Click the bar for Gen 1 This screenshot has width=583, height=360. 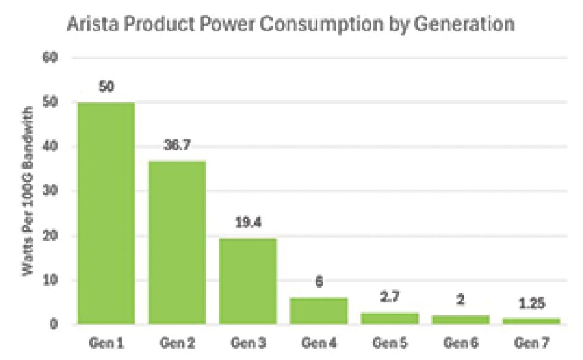106,213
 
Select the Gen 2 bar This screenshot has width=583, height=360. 177,242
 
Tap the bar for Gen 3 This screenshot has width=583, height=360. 248,281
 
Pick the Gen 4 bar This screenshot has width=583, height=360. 319,311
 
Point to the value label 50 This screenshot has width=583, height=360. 106,87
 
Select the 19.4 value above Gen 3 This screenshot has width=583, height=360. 248,223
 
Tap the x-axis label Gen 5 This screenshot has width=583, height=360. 389,343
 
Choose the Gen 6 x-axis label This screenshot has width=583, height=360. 460,343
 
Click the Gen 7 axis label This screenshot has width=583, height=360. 531,343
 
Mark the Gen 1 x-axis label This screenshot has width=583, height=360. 106,343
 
